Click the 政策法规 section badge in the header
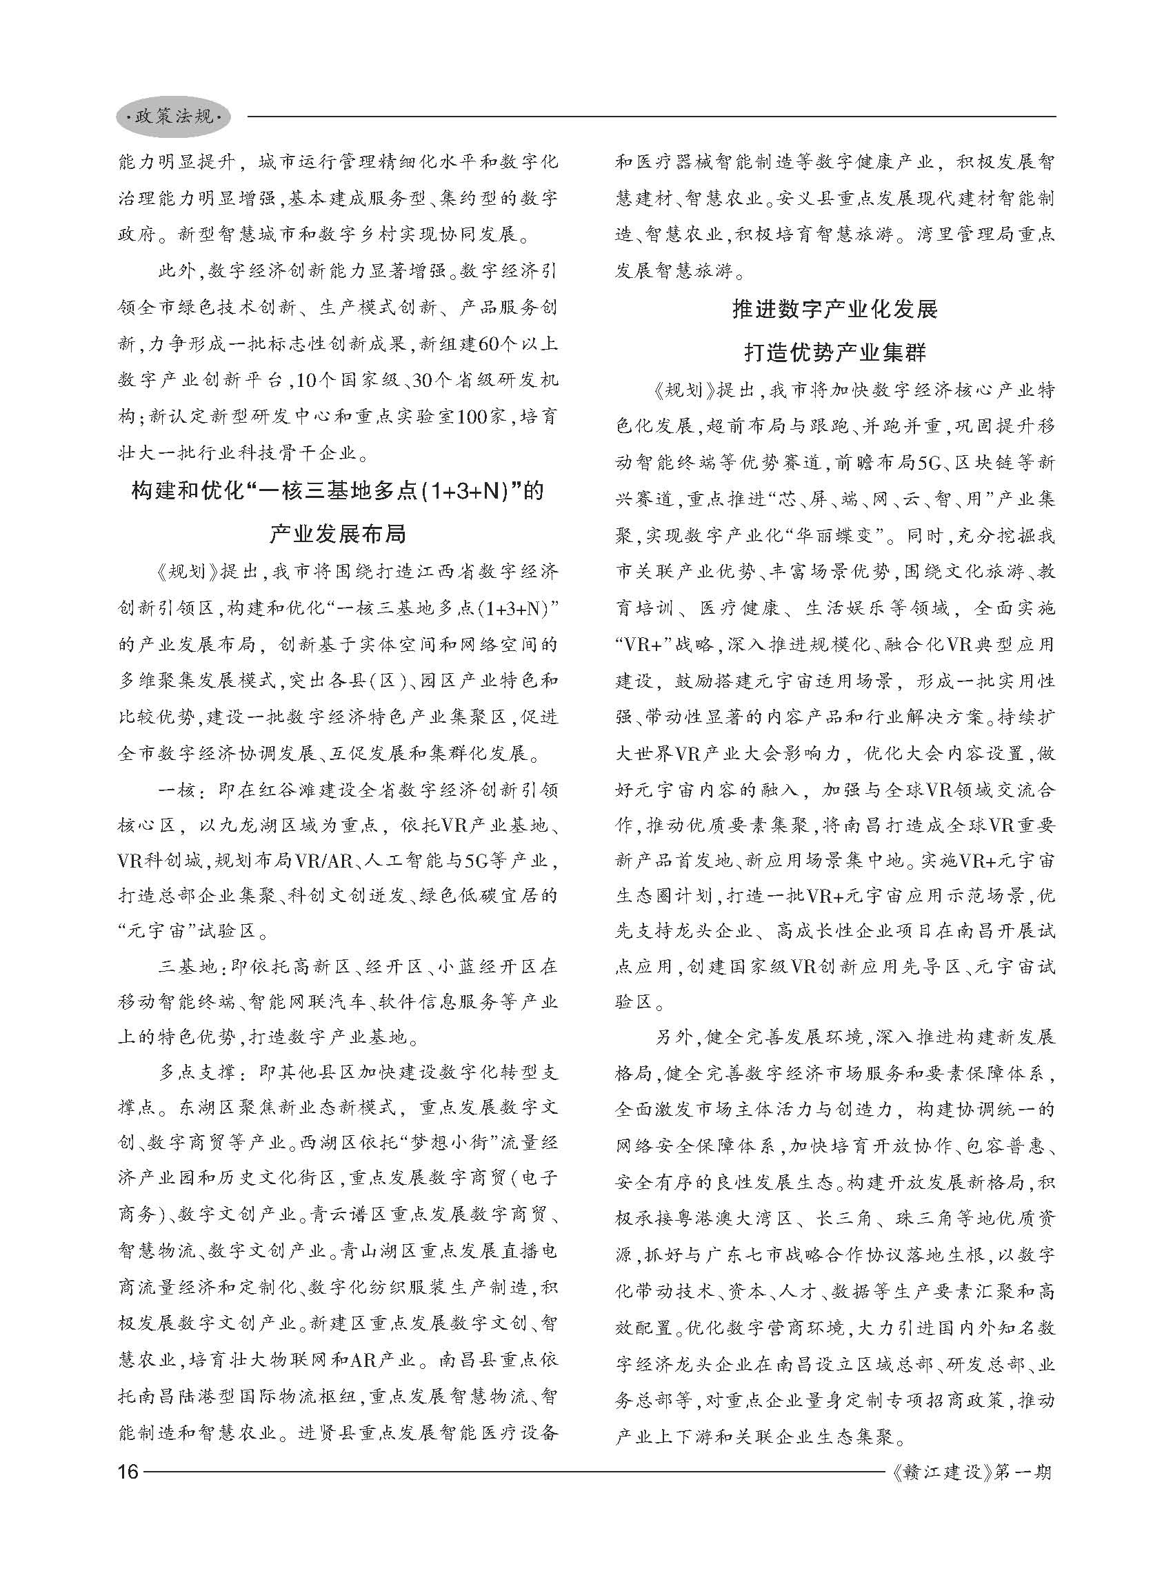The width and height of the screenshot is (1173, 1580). point(173,117)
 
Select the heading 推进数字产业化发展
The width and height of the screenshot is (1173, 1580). point(835,310)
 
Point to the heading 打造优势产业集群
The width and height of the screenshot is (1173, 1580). point(835,352)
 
